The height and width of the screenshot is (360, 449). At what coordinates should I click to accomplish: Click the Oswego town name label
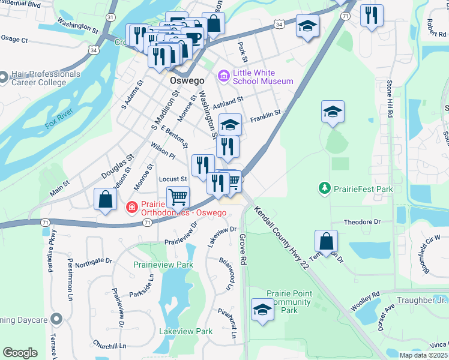click(187, 80)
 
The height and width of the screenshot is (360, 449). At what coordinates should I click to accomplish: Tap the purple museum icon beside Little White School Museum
click(224, 77)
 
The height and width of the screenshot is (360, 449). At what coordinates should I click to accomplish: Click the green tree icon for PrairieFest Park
click(325, 188)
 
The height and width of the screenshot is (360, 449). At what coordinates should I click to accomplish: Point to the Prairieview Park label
click(163, 264)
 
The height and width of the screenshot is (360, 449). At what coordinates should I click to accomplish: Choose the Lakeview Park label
click(186, 331)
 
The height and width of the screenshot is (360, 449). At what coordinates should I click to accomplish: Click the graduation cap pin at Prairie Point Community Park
click(262, 310)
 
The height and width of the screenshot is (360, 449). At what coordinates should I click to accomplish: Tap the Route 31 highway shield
click(109, 18)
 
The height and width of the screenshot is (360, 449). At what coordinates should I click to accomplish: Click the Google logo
click(20, 353)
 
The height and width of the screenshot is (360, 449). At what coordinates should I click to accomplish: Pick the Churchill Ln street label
click(110, 346)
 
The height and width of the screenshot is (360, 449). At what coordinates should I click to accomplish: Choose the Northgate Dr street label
click(93, 261)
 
